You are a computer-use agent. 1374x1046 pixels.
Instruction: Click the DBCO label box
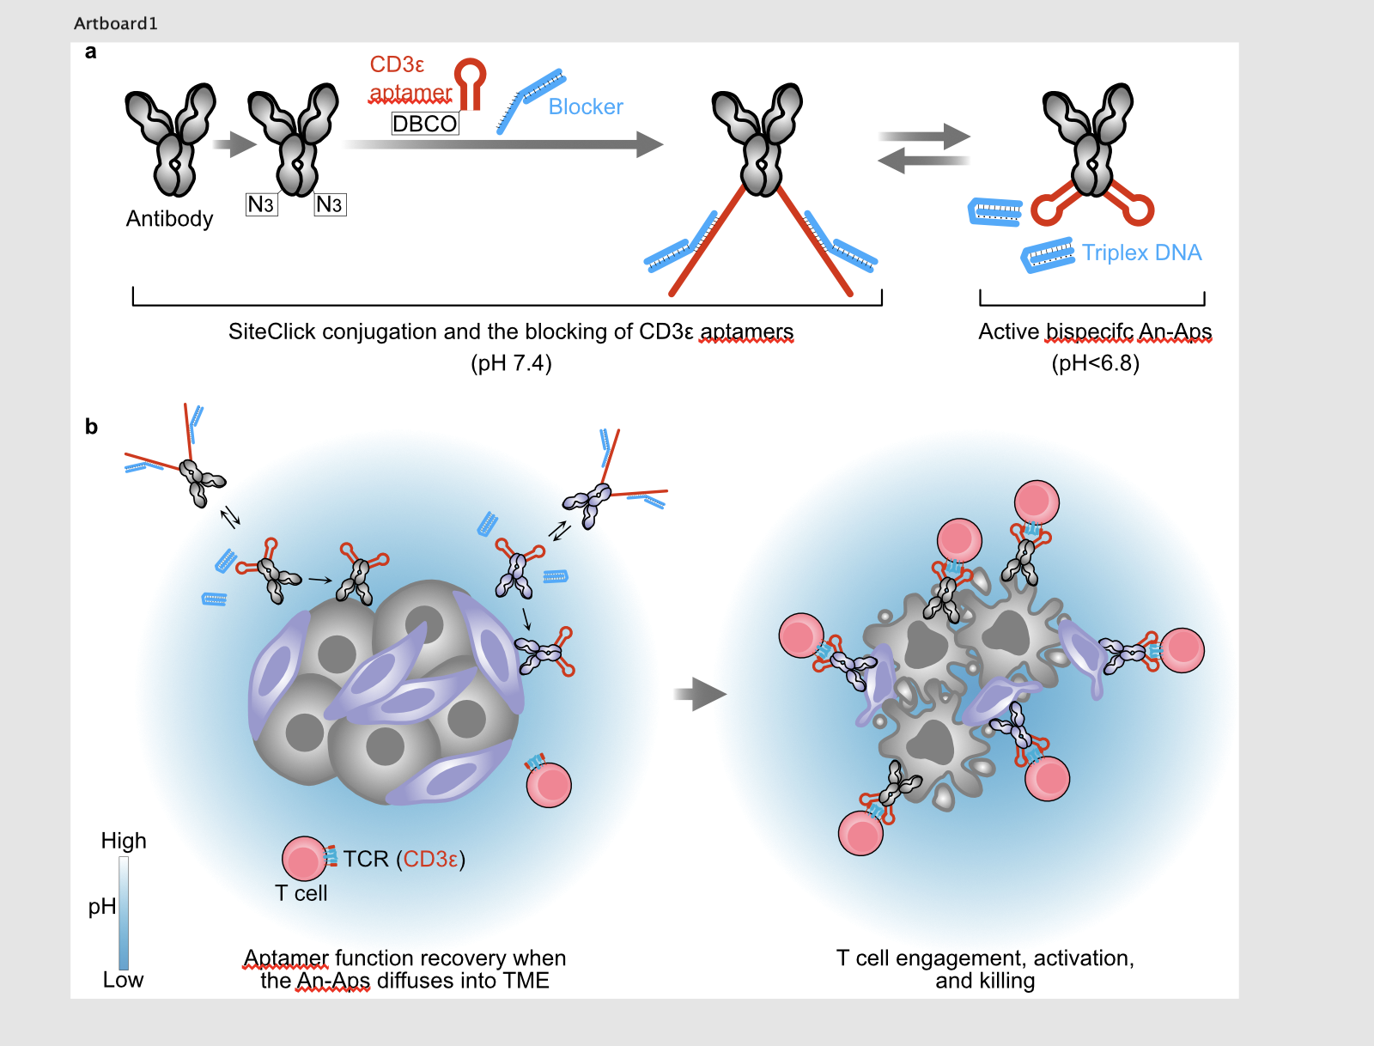pyautogui.click(x=424, y=124)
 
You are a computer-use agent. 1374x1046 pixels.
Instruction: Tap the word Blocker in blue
pyautogui.click(x=586, y=106)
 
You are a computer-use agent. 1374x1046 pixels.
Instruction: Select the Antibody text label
pyautogui.click(x=169, y=219)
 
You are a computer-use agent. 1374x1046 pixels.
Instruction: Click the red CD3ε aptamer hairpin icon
pyautogui.click(x=470, y=82)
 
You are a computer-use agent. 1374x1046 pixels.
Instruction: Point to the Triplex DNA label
pyautogui.click(x=1141, y=252)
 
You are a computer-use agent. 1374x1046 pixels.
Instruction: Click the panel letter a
pyautogui.click(x=90, y=52)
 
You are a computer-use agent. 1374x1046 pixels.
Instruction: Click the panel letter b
pyautogui.click(x=91, y=427)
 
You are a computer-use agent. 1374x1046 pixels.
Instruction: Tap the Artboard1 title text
pyautogui.click(x=116, y=23)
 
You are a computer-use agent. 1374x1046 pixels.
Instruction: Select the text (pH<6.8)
pyautogui.click(x=1095, y=363)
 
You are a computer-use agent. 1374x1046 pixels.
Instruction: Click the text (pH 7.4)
pyautogui.click(x=511, y=363)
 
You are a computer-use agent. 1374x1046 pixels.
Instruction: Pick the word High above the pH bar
pyautogui.click(x=124, y=841)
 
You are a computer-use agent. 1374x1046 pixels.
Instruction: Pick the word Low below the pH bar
pyautogui.click(x=123, y=980)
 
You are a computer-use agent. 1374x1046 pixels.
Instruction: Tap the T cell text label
pyautogui.click(x=301, y=893)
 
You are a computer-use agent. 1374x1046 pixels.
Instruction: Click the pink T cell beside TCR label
pyautogui.click(x=303, y=858)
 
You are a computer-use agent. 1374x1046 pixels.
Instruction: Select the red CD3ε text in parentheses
pyautogui.click(x=431, y=859)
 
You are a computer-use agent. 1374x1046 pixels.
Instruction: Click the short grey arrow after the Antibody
pyautogui.click(x=234, y=144)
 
